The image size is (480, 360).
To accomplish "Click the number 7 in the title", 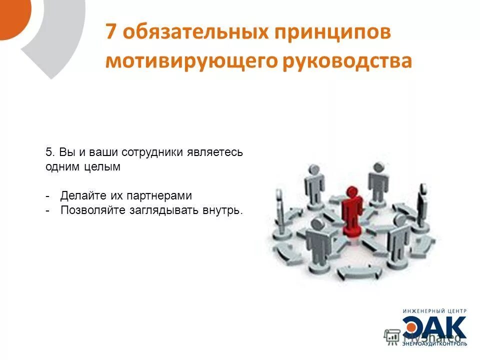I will (x=111, y=32).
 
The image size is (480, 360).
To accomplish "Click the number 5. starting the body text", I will (x=49, y=152).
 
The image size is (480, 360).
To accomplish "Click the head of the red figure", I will (x=353, y=191).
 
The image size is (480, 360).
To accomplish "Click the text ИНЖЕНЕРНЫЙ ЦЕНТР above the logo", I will (x=435, y=311).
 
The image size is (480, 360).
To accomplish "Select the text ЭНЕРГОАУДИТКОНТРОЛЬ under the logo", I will (x=435, y=343).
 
